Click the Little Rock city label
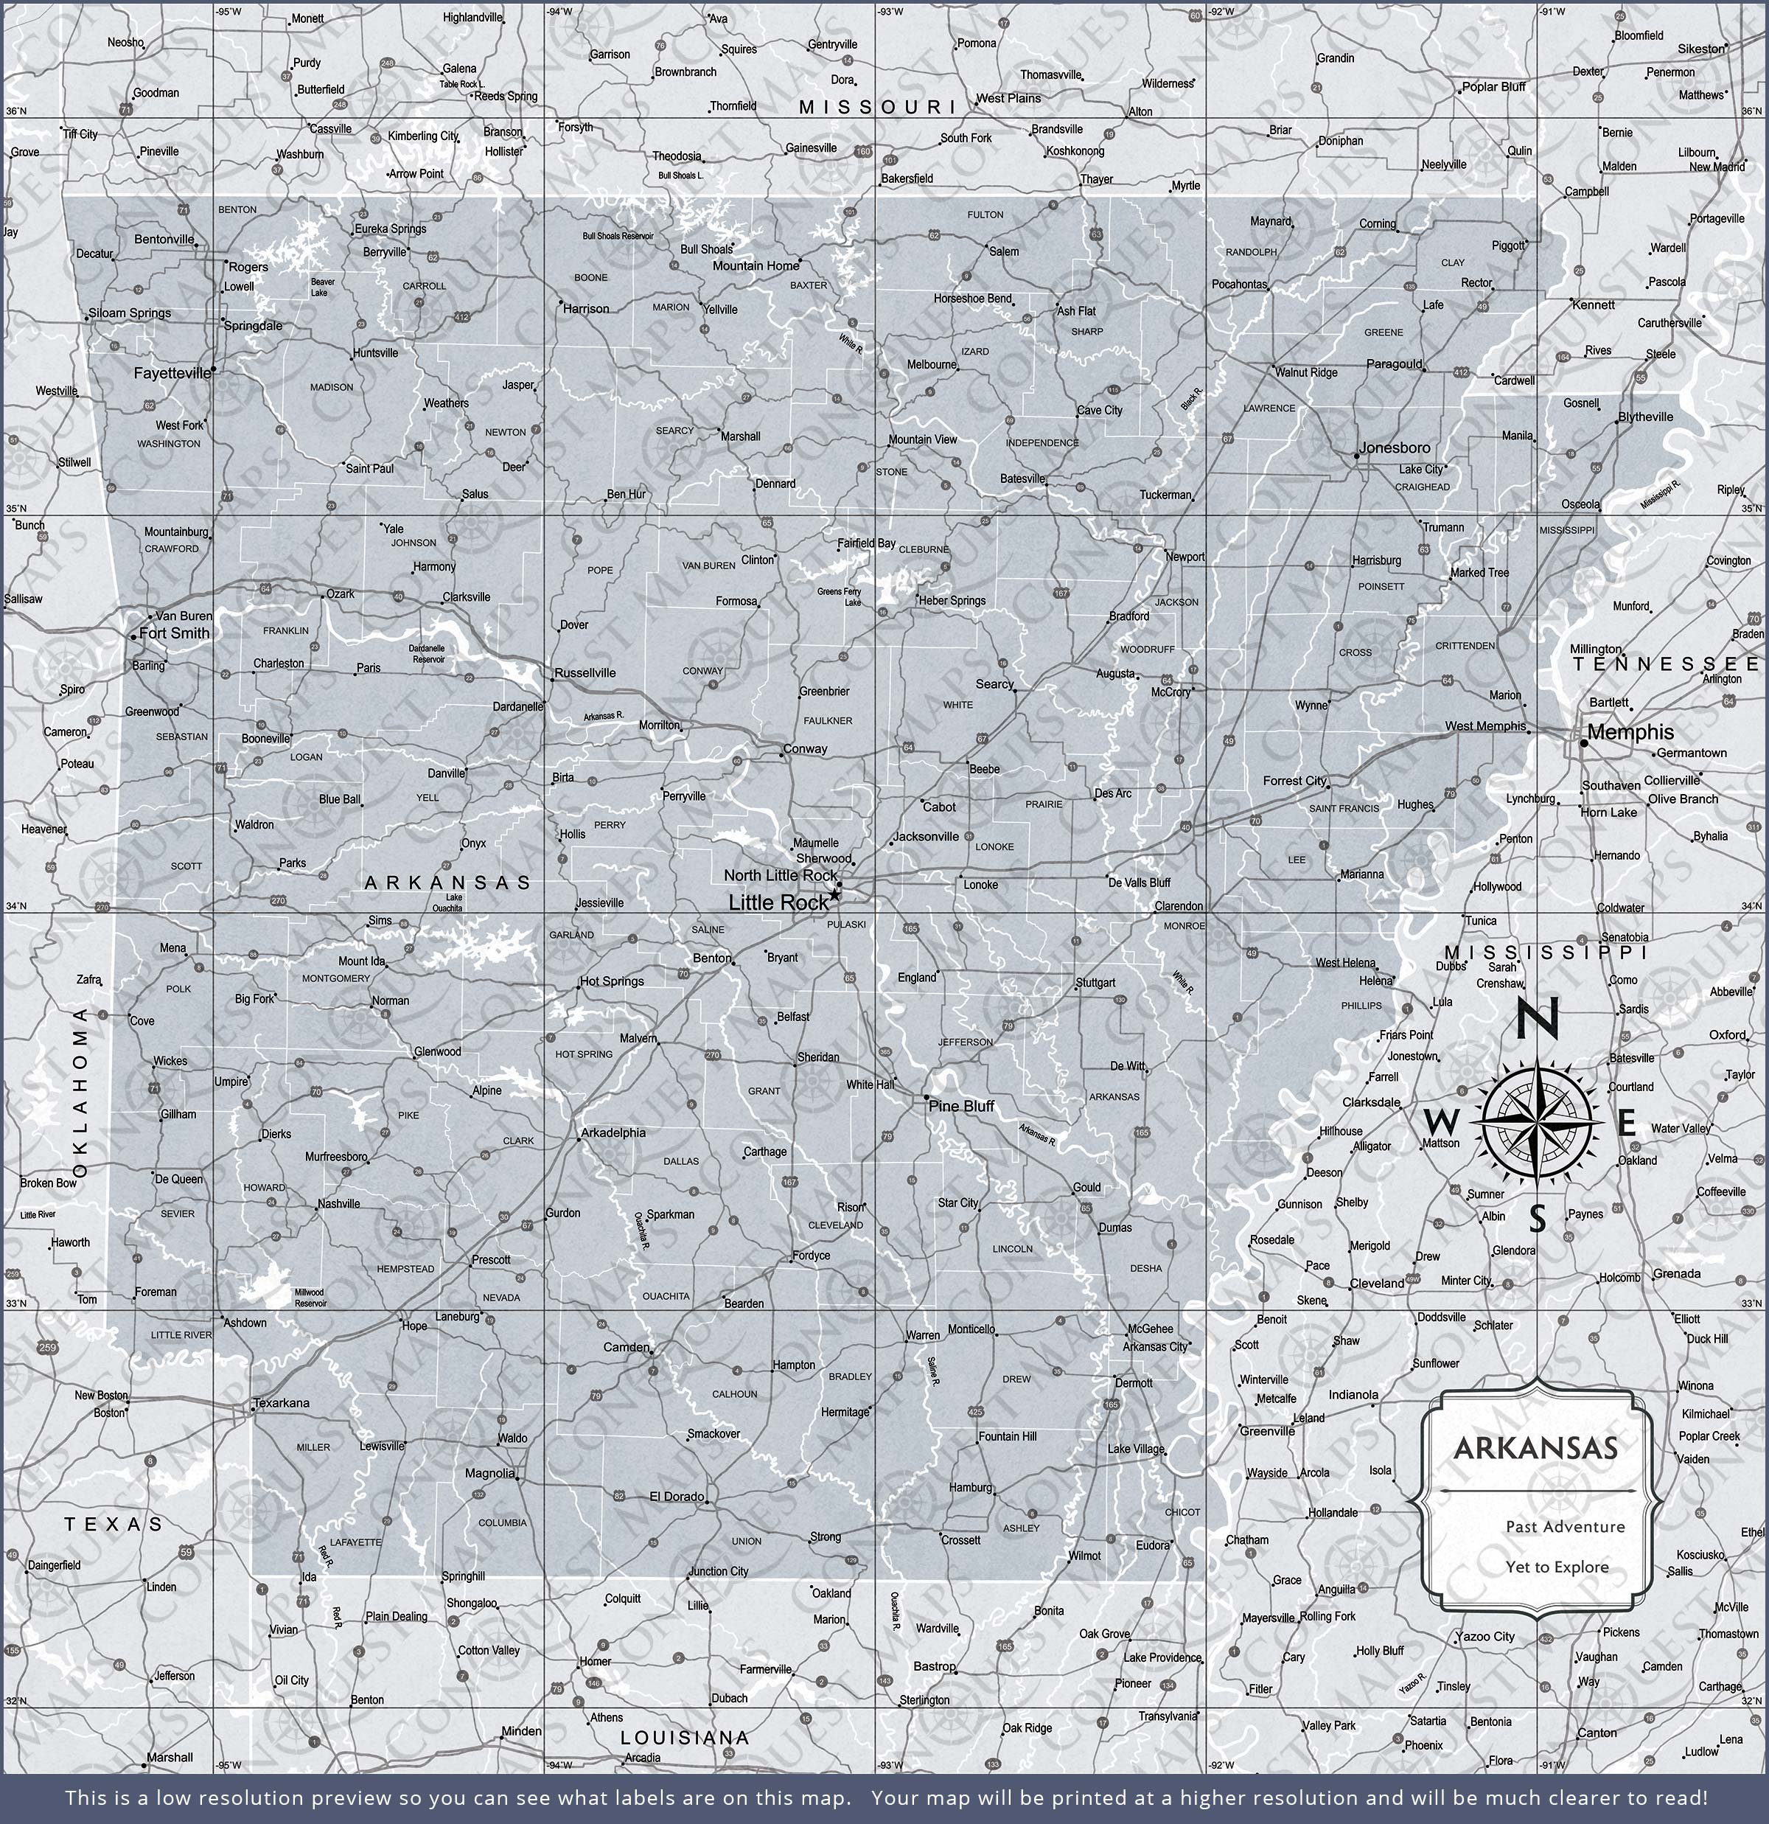coord(777,902)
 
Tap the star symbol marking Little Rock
coord(834,894)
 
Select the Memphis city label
coord(1630,732)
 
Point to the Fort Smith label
coord(174,633)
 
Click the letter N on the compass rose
coord(1538,1020)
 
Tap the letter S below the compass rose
coord(1538,1218)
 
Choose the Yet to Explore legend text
coord(1557,1567)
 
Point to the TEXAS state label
coord(114,1525)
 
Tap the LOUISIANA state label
coord(685,1738)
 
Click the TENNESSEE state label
coord(1667,664)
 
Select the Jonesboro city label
coord(1394,448)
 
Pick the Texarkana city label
coord(282,1402)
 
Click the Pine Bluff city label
coord(961,1106)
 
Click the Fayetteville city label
coord(172,373)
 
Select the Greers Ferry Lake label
coord(840,596)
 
